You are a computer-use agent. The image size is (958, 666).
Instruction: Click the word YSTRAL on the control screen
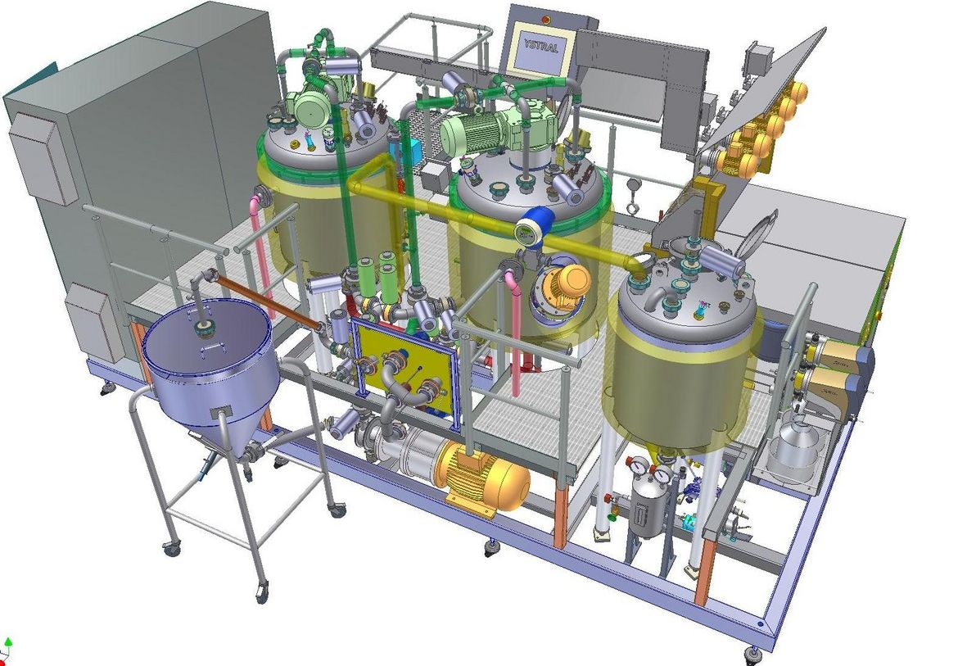pyautogui.click(x=540, y=47)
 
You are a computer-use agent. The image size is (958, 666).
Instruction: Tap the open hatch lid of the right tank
pyautogui.click(x=755, y=235)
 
